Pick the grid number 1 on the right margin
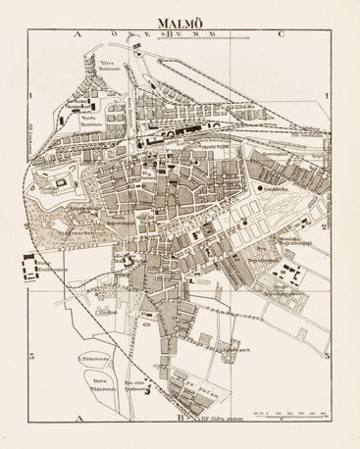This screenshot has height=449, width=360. tap(325, 94)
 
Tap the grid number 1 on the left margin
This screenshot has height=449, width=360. tap(32, 94)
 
